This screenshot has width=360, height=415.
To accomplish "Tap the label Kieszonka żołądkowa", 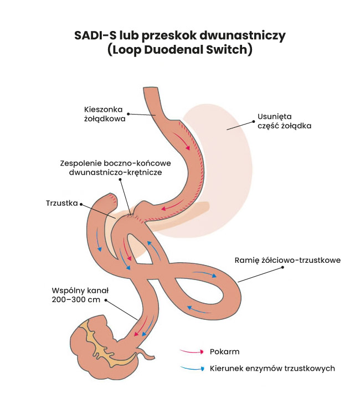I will [x=105, y=113].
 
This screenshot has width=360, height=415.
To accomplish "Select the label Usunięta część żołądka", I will [x=284, y=121].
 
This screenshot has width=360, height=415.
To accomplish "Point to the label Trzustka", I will [x=61, y=203].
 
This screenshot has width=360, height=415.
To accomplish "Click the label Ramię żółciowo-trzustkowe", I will [x=287, y=260].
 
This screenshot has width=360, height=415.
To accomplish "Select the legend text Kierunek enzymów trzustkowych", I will [x=272, y=368].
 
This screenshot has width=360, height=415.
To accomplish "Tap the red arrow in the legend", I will [x=190, y=351].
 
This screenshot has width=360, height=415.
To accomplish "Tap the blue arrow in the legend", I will [x=190, y=368].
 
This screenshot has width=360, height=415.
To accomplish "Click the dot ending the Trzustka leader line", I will [x=82, y=204].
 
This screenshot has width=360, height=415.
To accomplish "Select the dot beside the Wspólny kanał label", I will [x=106, y=300].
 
